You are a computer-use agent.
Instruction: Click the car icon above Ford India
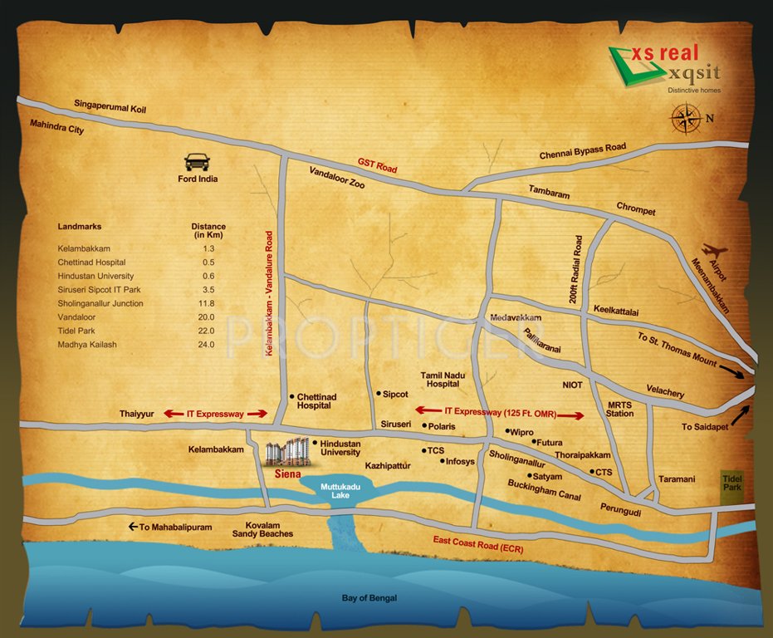point(197,162)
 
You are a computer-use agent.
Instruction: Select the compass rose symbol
point(686,117)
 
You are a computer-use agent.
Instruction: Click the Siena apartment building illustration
point(287,452)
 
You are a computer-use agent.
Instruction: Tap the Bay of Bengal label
point(369,598)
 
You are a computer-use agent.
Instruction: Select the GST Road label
point(377,165)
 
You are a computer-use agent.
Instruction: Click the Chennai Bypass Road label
point(582,151)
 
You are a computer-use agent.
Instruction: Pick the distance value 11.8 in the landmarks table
point(208,303)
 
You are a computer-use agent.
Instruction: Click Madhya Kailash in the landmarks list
point(87,344)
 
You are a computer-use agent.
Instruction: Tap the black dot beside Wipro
point(507,432)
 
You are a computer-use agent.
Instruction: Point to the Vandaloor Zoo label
point(338,181)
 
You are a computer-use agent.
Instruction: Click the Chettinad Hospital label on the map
point(314,401)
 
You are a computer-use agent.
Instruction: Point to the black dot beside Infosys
point(442,461)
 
